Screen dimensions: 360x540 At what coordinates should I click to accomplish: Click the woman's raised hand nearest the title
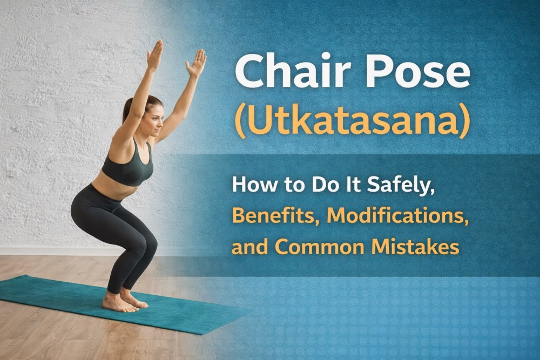pyautogui.click(x=196, y=62)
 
